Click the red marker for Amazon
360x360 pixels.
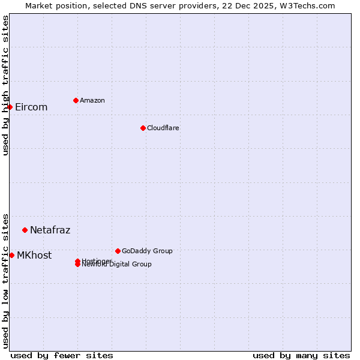click(76, 100)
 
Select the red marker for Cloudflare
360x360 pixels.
click(143, 128)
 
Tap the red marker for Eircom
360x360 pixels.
click(10, 107)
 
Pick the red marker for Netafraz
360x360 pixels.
click(25, 230)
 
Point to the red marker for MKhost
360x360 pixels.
click(11, 255)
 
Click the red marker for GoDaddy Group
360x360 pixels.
click(118, 251)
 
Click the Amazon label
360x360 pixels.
click(92, 100)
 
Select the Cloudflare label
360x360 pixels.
click(163, 128)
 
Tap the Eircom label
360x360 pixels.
click(31, 107)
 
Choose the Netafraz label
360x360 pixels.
click(50, 230)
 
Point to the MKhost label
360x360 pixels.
click(34, 256)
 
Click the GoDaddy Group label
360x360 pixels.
click(147, 251)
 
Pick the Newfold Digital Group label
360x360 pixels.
click(117, 265)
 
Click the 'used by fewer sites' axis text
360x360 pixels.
click(62, 355)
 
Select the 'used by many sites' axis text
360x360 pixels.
click(301, 355)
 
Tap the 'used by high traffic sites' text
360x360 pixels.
click(6, 85)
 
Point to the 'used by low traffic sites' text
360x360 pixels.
click(6, 280)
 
